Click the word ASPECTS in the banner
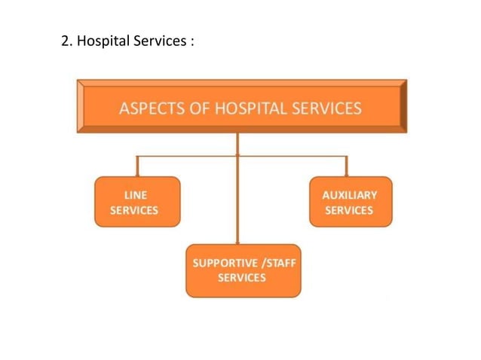point(148,108)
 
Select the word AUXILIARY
point(349,194)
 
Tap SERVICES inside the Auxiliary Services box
point(349,210)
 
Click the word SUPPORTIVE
point(219,263)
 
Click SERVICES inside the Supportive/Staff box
point(242,278)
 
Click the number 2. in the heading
point(66,41)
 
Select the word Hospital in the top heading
point(103,41)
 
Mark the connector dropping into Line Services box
point(136,166)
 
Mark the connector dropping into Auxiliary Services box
point(346,166)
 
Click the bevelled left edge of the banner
point(80,106)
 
